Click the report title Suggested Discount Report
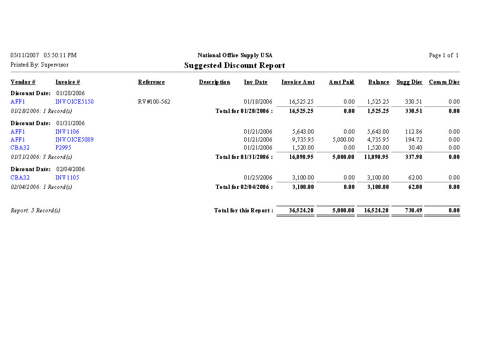pyautogui.click(x=234, y=66)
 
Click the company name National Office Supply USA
pyautogui.click(x=235, y=55)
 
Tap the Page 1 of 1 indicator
pyautogui.click(x=443, y=55)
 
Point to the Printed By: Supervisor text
pyautogui.click(x=39, y=65)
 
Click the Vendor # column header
pyautogui.click(x=23, y=82)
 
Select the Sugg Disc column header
pyautogui.click(x=409, y=82)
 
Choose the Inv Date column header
pyautogui.click(x=255, y=82)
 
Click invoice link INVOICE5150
pyautogui.click(x=75, y=102)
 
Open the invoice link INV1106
pyautogui.click(x=67, y=132)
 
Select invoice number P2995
pyautogui.click(x=63, y=148)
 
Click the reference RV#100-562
pyautogui.click(x=154, y=102)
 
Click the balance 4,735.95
pyautogui.click(x=378, y=140)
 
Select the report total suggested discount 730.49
pyautogui.click(x=412, y=210)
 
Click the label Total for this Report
pyautogui.click(x=243, y=210)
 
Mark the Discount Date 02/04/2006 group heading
pyautogui.click(x=47, y=169)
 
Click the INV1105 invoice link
pyautogui.click(x=67, y=178)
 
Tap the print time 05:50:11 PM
pyautogui.click(x=60, y=55)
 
